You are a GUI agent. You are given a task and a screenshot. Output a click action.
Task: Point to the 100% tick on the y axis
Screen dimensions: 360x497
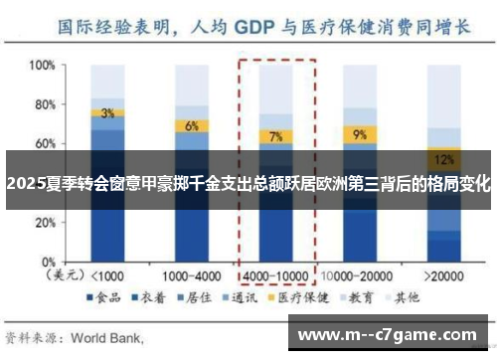41,66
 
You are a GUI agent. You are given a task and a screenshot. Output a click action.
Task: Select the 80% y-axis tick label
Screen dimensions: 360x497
43,104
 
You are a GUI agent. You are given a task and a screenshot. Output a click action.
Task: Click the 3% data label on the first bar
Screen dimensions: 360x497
107,112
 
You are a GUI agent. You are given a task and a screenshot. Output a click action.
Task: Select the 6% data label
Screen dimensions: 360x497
192,125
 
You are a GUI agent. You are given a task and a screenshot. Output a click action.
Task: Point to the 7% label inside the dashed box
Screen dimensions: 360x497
275,136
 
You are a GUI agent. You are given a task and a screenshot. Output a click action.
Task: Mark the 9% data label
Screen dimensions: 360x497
359,133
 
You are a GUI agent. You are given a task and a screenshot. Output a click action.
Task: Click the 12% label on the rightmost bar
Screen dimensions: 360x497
443,159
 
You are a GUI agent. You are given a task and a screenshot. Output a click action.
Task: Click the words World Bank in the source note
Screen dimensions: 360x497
109,337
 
